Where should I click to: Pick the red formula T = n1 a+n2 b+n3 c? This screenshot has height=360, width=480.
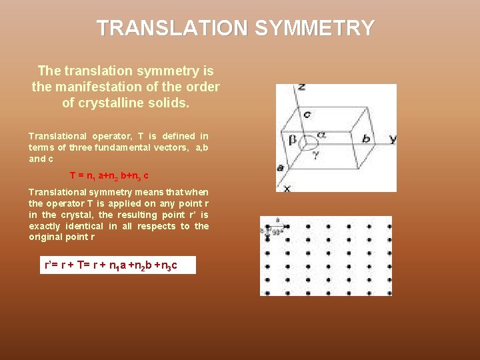[x=109, y=176]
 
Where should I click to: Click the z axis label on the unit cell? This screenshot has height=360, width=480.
[x=302, y=87]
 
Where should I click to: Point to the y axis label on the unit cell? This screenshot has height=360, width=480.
[x=393, y=139]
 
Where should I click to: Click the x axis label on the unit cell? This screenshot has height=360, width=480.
[x=287, y=189]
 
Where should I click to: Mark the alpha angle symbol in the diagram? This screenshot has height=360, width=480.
[x=321, y=134]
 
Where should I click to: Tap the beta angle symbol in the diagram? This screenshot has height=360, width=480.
[x=292, y=140]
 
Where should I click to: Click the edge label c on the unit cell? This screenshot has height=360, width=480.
[x=307, y=114]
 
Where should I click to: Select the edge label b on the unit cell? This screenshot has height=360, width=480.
[x=366, y=139]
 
